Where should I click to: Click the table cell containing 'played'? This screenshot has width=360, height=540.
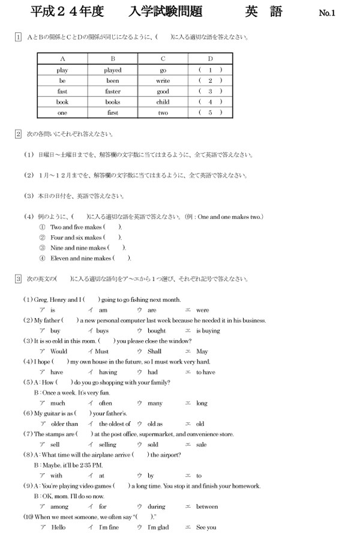(x=113, y=70)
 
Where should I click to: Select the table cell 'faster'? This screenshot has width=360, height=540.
(x=113, y=92)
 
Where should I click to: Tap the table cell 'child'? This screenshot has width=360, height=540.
(x=163, y=102)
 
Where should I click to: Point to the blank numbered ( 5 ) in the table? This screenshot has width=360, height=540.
(x=210, y=113)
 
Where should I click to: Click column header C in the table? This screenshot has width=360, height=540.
(x=163, y=59)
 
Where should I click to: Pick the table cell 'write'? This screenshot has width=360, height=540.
(x=163, y=81)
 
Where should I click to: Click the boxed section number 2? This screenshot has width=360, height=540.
(x=19, y=133)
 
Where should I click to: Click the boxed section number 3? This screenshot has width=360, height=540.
(x=19, y=279)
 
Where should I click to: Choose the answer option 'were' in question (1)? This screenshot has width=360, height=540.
(x=203, y=310)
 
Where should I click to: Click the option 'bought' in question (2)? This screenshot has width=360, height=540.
(x=157, y=331)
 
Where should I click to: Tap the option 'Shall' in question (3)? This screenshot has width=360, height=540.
(x=154, y=352)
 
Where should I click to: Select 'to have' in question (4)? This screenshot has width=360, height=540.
(x=206, y=372)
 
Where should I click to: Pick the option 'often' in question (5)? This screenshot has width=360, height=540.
(x=106, y=403)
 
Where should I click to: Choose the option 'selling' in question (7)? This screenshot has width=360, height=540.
(x=108, y=445)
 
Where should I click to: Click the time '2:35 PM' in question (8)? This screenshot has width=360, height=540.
(x=91, y=465)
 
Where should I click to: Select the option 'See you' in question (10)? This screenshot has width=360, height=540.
(x=206, y=527)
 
